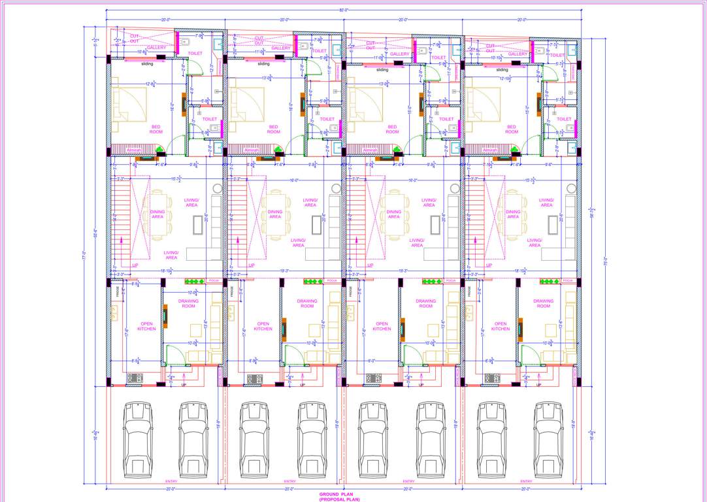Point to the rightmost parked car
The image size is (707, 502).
[x=548, y=439]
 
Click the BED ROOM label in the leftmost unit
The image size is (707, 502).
[x=156, y=129]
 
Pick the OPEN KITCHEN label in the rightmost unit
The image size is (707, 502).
[x=501, y=326]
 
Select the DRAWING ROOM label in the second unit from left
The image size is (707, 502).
[x=307, y=304]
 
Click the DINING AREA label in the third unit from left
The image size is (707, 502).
[x=394, y=214]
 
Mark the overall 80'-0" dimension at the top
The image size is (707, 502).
[x=344, y=10]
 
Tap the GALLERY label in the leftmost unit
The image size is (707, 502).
[x=156, y=48]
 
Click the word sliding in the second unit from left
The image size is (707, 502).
[x=263, y=64]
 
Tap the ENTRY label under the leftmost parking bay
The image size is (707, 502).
[x=171, y=481]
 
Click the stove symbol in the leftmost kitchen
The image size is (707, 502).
[x=135, y=378]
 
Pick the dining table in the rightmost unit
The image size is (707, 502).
[x=512, y=214]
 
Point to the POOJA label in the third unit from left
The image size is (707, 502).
[x=450, y=281]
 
